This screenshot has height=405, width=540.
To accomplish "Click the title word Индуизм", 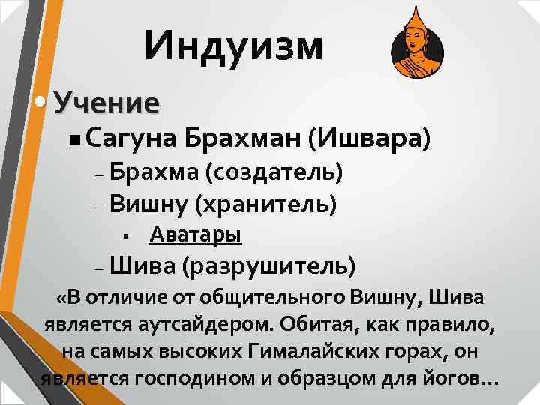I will [x=234, y=46].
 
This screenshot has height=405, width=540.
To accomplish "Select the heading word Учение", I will [x=107, y=102].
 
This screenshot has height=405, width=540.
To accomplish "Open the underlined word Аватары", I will [x=195, y=235].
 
